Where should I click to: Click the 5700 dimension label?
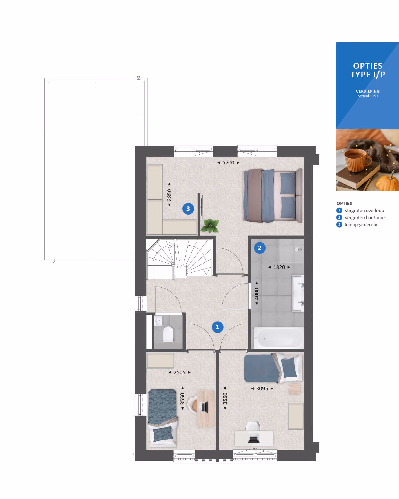[228, 163]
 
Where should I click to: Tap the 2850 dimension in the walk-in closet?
[169, 195]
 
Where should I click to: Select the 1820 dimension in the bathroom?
[279, 267]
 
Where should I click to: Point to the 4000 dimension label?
[257, 293]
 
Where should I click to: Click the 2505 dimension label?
[180, 373]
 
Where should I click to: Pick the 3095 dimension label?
[262, 389]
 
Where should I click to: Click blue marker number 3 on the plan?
[188, 209]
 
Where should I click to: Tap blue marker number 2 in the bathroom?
[260, 248]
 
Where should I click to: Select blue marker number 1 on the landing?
[217, 327]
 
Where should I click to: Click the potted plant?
[210, 226]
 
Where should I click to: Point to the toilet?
[168, 334]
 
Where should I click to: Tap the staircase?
[180, 259]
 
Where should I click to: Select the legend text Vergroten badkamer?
[365, 218]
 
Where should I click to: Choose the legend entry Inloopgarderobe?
[362, 225]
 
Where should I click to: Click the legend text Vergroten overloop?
[364, 211]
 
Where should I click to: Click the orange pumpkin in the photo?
[388, 182]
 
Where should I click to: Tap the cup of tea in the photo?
[357, 160]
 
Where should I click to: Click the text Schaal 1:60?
[368, 96]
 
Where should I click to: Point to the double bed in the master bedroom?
[273, 196]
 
